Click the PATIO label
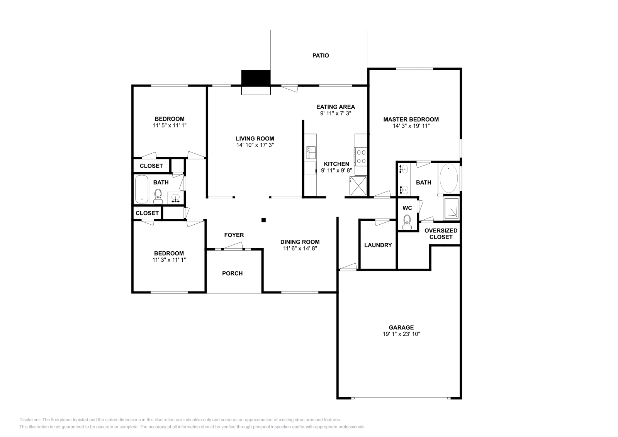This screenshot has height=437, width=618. coord(321,56)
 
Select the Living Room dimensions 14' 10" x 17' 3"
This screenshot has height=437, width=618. coord(255,145)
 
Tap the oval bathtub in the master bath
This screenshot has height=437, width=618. coord(448,178)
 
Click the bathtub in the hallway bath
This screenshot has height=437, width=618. coord(142,189)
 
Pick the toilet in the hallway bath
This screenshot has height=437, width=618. coord(158,196)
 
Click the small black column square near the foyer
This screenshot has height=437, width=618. coord(263,220)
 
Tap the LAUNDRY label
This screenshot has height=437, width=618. coord(378,245)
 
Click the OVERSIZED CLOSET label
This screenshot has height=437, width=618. coord(441,234)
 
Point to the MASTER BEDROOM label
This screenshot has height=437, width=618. coord(411,119)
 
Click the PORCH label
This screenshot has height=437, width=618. coord(232,273)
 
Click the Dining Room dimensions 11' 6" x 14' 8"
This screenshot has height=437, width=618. coord(300,249)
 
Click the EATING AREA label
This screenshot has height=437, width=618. coord(335,107)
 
